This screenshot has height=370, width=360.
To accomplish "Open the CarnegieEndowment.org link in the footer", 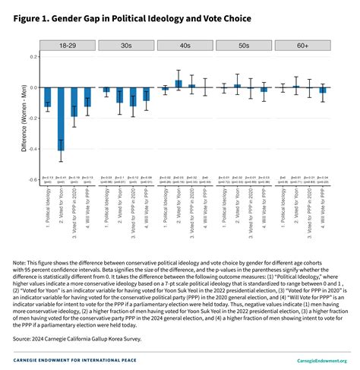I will [319, 361].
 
